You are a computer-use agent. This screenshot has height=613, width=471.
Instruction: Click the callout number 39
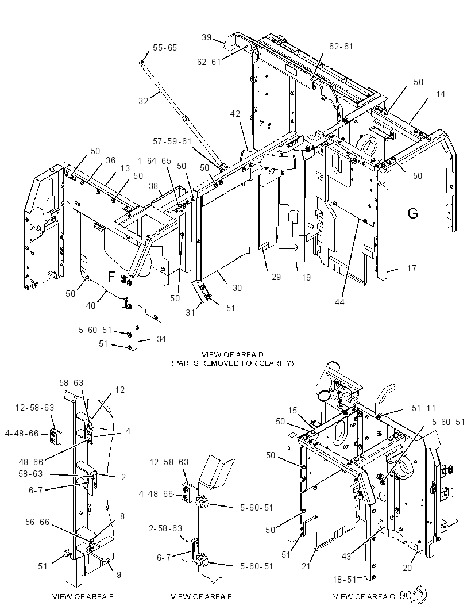(207, 37)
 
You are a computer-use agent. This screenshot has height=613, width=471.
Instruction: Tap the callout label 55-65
(165, 48)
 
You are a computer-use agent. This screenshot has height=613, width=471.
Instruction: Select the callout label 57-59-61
(172, 141)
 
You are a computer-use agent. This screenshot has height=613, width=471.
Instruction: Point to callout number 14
(441, 94)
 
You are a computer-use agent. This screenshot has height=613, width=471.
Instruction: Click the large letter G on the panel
(412, 213)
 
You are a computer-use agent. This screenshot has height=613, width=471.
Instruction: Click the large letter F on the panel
(111, 277)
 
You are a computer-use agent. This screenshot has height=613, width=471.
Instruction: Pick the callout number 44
(339, 302)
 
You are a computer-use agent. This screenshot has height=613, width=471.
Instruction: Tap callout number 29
(276, 277)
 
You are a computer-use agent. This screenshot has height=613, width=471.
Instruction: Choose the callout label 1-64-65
(155, 161)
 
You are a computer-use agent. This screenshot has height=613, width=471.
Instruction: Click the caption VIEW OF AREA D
(233, 355)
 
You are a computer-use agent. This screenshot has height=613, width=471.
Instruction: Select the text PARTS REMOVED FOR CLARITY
(233, 363)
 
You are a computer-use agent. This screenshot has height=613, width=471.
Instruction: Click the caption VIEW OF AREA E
(83, 596)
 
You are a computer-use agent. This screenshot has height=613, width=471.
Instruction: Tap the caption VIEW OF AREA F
(201, 596)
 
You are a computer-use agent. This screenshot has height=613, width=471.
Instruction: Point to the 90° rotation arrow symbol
(419, 596)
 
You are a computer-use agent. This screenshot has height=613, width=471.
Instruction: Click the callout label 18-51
(345, 580)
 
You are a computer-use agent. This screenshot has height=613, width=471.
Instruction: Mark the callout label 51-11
(423, 408)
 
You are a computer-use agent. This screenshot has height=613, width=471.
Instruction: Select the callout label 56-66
(37, 522)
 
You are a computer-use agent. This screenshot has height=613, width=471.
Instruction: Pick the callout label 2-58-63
(165, 528)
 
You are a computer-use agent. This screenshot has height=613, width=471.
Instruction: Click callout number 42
(235, 114)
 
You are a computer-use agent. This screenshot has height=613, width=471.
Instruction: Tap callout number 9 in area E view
(119, 574)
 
